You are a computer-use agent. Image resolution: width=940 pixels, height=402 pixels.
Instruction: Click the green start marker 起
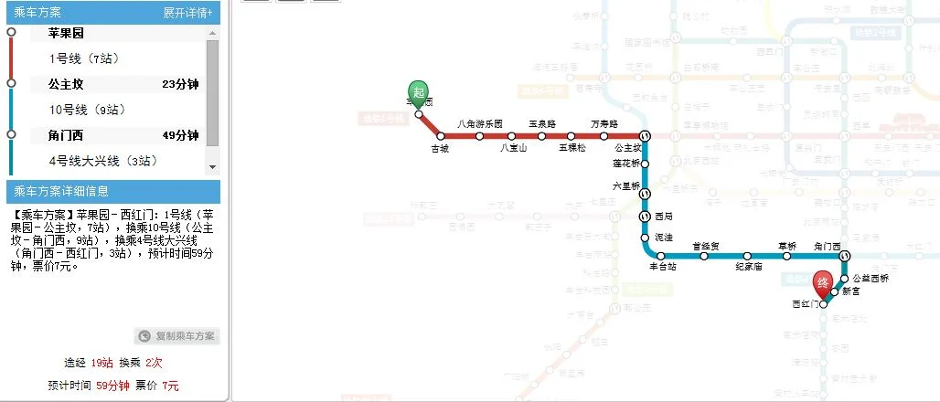tap(418, 91)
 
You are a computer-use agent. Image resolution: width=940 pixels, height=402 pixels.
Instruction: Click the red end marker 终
tap(823, 283)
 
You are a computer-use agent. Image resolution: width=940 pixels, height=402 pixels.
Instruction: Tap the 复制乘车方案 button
tap(177, 336)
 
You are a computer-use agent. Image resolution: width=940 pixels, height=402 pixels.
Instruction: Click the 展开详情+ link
tap(187, 13)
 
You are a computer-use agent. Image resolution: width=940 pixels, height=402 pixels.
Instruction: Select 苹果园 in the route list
tap(66, 33)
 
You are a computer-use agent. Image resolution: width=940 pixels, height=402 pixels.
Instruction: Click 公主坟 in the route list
tap(66, 84)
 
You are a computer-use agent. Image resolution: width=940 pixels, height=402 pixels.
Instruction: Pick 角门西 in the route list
tap(66, 135)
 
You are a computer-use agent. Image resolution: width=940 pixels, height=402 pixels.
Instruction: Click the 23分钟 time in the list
tap(180, 84)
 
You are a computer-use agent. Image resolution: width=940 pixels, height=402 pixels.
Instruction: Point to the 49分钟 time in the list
tap(180, 135)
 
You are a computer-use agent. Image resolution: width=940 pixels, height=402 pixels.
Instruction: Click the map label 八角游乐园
tap(480, 123)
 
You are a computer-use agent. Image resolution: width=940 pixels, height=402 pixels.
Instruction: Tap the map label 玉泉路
tap(542, 123)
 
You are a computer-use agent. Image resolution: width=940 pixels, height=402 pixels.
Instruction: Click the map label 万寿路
tap(604, 123)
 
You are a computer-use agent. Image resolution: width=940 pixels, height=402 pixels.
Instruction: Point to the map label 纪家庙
tap(749, 268)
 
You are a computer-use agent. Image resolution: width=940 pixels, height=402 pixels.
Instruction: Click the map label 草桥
tap(787, 245)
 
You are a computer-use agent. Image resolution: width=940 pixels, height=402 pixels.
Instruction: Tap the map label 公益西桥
tap(870, 278)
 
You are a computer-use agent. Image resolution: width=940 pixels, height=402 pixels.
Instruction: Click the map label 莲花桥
tap(628, 163)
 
